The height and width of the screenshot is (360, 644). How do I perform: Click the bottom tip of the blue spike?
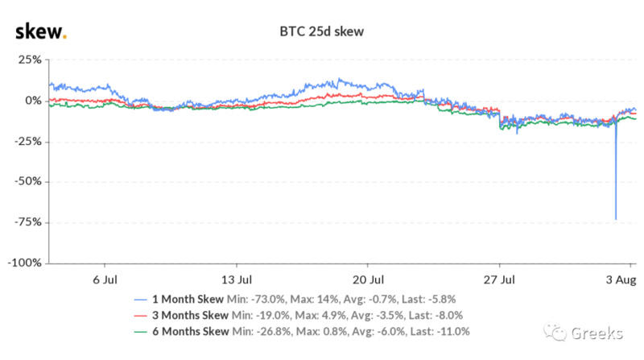click(616, 219)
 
